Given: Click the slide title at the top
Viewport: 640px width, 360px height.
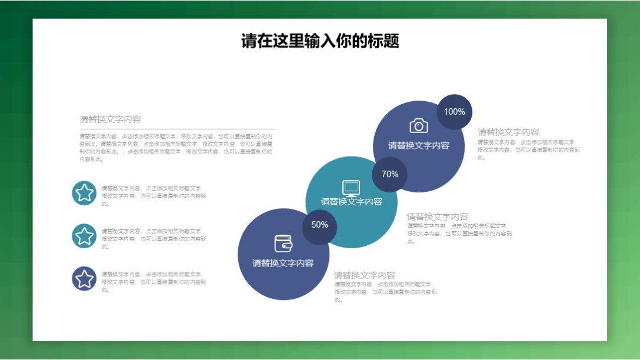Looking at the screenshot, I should pos(320,41).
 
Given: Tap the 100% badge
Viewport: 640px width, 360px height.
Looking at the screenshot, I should pos(454,112).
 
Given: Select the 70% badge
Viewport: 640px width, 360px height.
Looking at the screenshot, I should pos(389,174).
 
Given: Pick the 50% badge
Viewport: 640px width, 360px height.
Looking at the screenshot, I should pos(319,225).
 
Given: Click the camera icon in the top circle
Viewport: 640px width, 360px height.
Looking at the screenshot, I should pos(418,125).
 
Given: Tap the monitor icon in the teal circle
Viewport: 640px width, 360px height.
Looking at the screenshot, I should pos(351,188).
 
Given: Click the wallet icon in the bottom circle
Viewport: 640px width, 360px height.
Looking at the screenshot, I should pos(283,244).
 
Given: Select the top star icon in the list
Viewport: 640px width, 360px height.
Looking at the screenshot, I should pos(84,193).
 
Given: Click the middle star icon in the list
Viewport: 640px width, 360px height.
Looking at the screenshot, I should pos(84,236).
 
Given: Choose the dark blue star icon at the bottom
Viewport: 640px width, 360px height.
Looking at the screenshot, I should pos(84,279).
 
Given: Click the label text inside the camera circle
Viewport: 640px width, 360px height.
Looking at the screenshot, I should pos(418,146).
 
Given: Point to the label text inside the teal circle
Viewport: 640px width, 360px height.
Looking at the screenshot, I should pos(351,202).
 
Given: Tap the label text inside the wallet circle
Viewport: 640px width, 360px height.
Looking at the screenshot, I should pos(283,264).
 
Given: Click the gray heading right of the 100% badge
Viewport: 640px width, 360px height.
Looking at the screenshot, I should pos(508,132).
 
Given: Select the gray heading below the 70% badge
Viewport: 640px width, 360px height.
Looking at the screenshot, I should pos(438,217).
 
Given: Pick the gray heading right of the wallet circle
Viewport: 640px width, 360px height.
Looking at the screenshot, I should pos(365,275).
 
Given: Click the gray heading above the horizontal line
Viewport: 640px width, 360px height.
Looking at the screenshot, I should pos(111,119).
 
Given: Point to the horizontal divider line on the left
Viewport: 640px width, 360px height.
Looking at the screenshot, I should pos(176,128).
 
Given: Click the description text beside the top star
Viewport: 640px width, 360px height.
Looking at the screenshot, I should pos(154,196).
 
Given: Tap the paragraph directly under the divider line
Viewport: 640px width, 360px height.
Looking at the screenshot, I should pos(176,147).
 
